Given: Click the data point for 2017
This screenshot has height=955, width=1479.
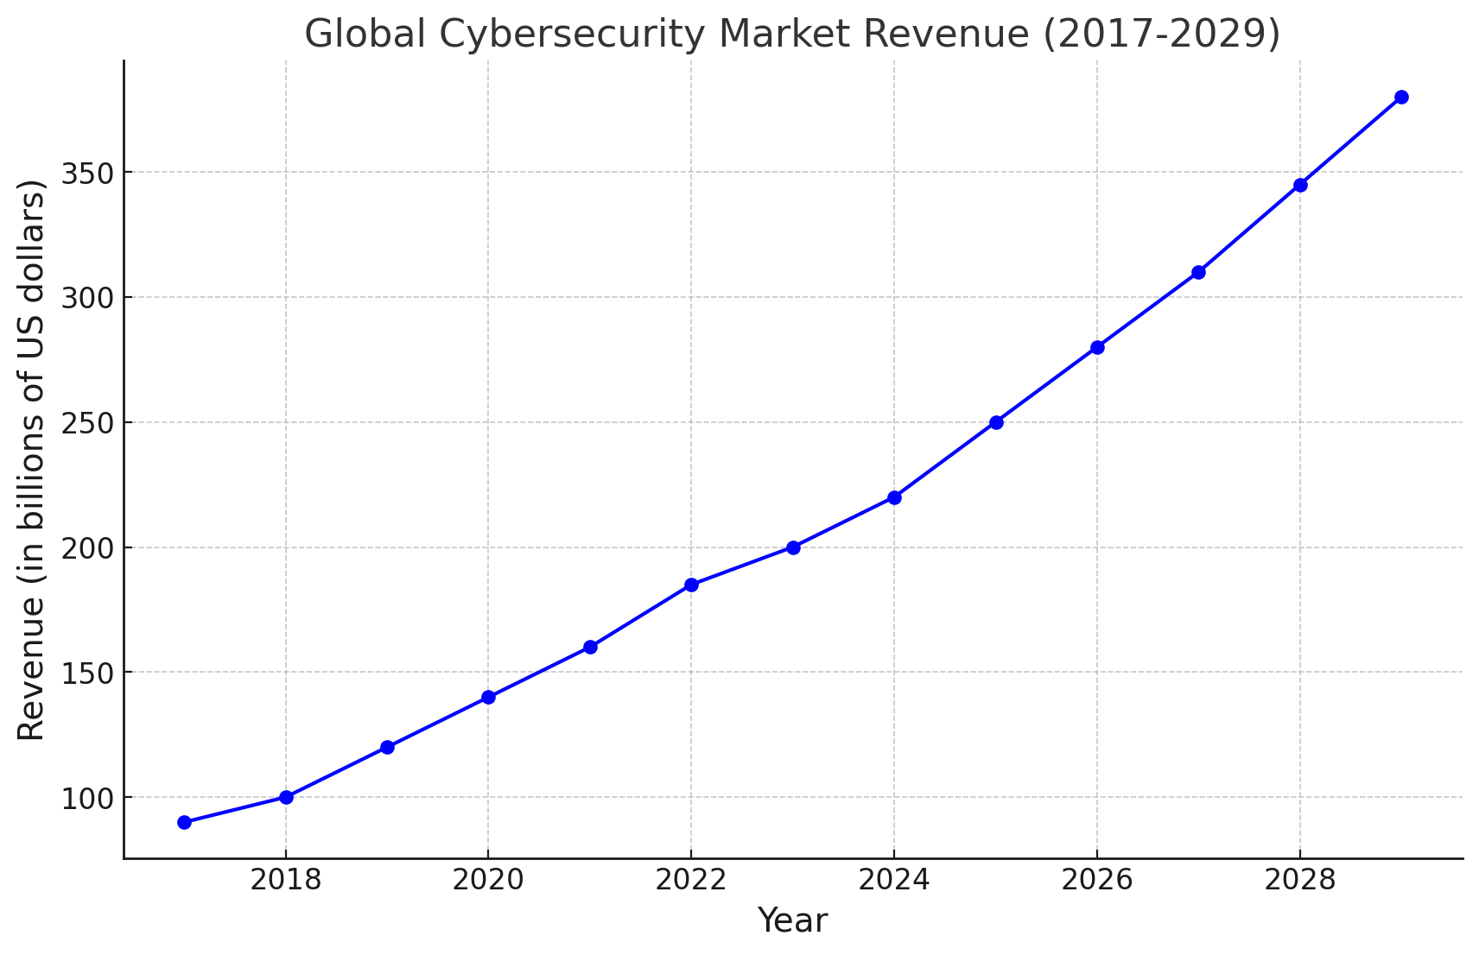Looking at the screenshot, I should [x=184, y=822].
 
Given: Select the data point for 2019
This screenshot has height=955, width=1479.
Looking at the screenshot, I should [x=387, y=747].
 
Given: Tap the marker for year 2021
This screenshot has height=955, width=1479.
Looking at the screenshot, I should [x=590, y=647].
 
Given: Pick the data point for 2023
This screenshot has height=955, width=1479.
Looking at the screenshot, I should [x=793, y=547].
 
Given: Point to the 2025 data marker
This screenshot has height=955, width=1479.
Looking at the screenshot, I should [x=996, y=422].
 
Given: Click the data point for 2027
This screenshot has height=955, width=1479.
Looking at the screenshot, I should [x=1198, y=272].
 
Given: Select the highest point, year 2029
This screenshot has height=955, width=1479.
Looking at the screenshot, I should [x=1401, y=97].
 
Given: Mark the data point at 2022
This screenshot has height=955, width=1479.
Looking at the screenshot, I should [x=691, y=585].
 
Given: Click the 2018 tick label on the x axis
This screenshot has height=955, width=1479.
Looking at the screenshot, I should [x=285, y=881].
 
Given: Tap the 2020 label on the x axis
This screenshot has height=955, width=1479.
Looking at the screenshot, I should [x=488, y=881].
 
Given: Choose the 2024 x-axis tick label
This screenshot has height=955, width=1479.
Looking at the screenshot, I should [x=894, y=881].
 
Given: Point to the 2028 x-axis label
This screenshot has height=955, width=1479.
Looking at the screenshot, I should [x=1299, y=881].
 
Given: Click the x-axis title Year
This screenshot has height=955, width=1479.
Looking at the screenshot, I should [x=792, y=921].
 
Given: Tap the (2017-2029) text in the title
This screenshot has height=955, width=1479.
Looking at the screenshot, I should [x=1161, y=35].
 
